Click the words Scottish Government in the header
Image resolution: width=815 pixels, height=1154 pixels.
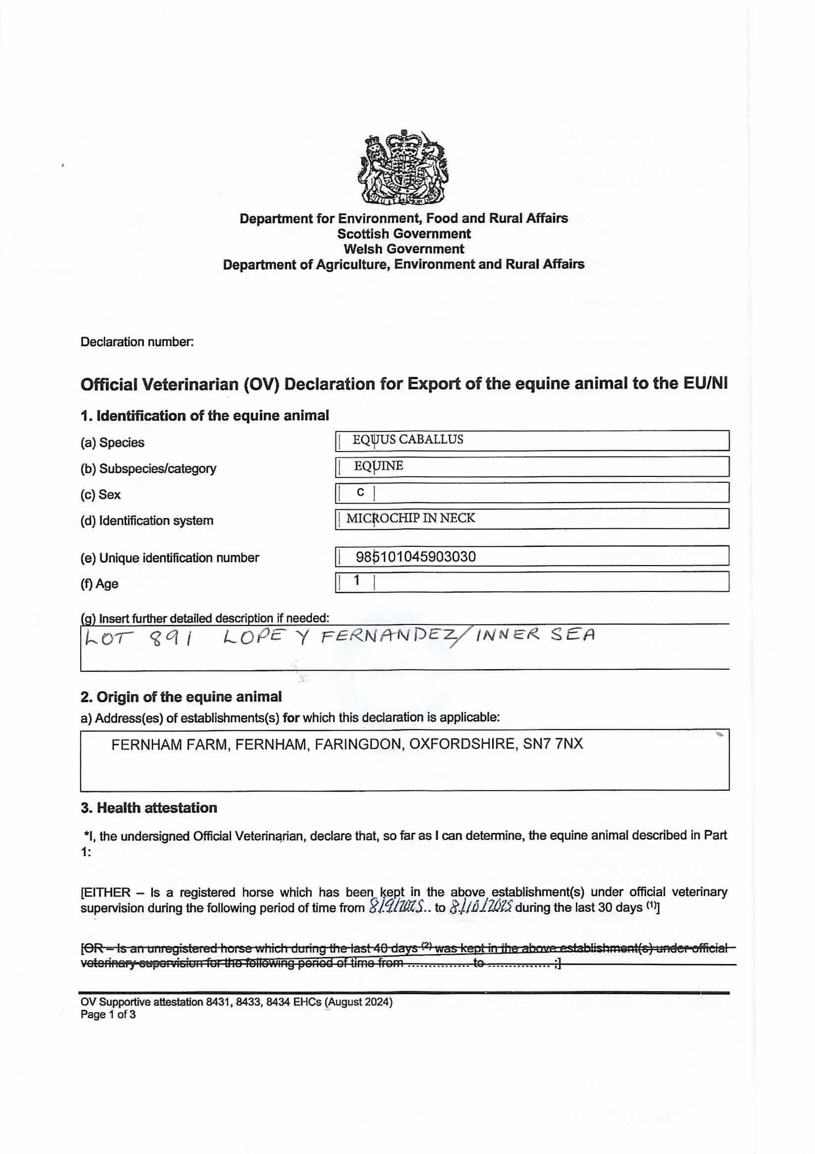tap(403, 233)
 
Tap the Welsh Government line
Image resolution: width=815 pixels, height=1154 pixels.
tap(403, 249)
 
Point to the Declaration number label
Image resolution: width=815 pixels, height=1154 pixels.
tap(137, 342)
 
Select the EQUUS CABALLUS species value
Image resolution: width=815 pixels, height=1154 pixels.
tap(407, 440)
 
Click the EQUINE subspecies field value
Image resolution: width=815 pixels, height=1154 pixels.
tap(379, 466)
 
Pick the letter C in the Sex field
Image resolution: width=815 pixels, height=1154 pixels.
tap(360, 493)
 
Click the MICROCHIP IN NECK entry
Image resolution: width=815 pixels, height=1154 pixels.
tap(410, 518)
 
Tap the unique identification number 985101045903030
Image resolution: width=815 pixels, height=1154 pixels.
tap(416, 556)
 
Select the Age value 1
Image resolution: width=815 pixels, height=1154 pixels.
tap(356, 580)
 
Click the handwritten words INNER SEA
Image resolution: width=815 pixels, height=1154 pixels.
tap(536, 636)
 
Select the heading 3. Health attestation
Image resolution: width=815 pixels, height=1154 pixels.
tap(149, 808)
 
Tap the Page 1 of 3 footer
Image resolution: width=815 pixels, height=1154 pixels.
tap(108, 1014)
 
